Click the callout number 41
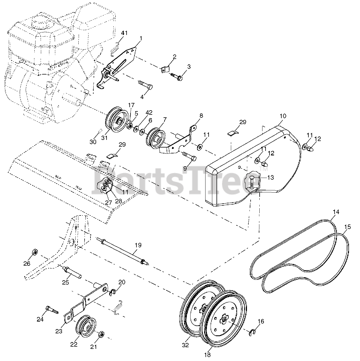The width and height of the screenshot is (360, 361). click(x=124, y=33)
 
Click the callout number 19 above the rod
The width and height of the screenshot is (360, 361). click(x=138, y=245)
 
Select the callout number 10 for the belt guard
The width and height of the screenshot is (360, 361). click(x=283, y=116)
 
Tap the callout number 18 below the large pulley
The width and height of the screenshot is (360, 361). click(x=207, y=355)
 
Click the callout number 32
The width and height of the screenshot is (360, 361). click(x=185, y=345)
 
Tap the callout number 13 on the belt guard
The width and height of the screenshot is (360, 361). click(x=270, y=178)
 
